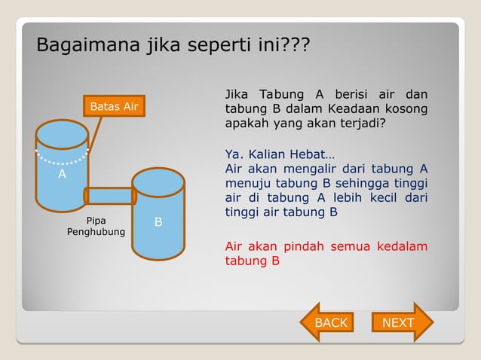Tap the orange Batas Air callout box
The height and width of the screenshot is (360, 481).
[x=114, y=107]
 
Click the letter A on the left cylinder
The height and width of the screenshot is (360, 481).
[x=63, y=175]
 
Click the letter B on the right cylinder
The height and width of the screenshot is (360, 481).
[x=158, y=222]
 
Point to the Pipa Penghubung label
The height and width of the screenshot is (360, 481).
[x=96, y=227]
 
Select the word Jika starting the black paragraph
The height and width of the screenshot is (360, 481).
[x=237, y=95]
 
